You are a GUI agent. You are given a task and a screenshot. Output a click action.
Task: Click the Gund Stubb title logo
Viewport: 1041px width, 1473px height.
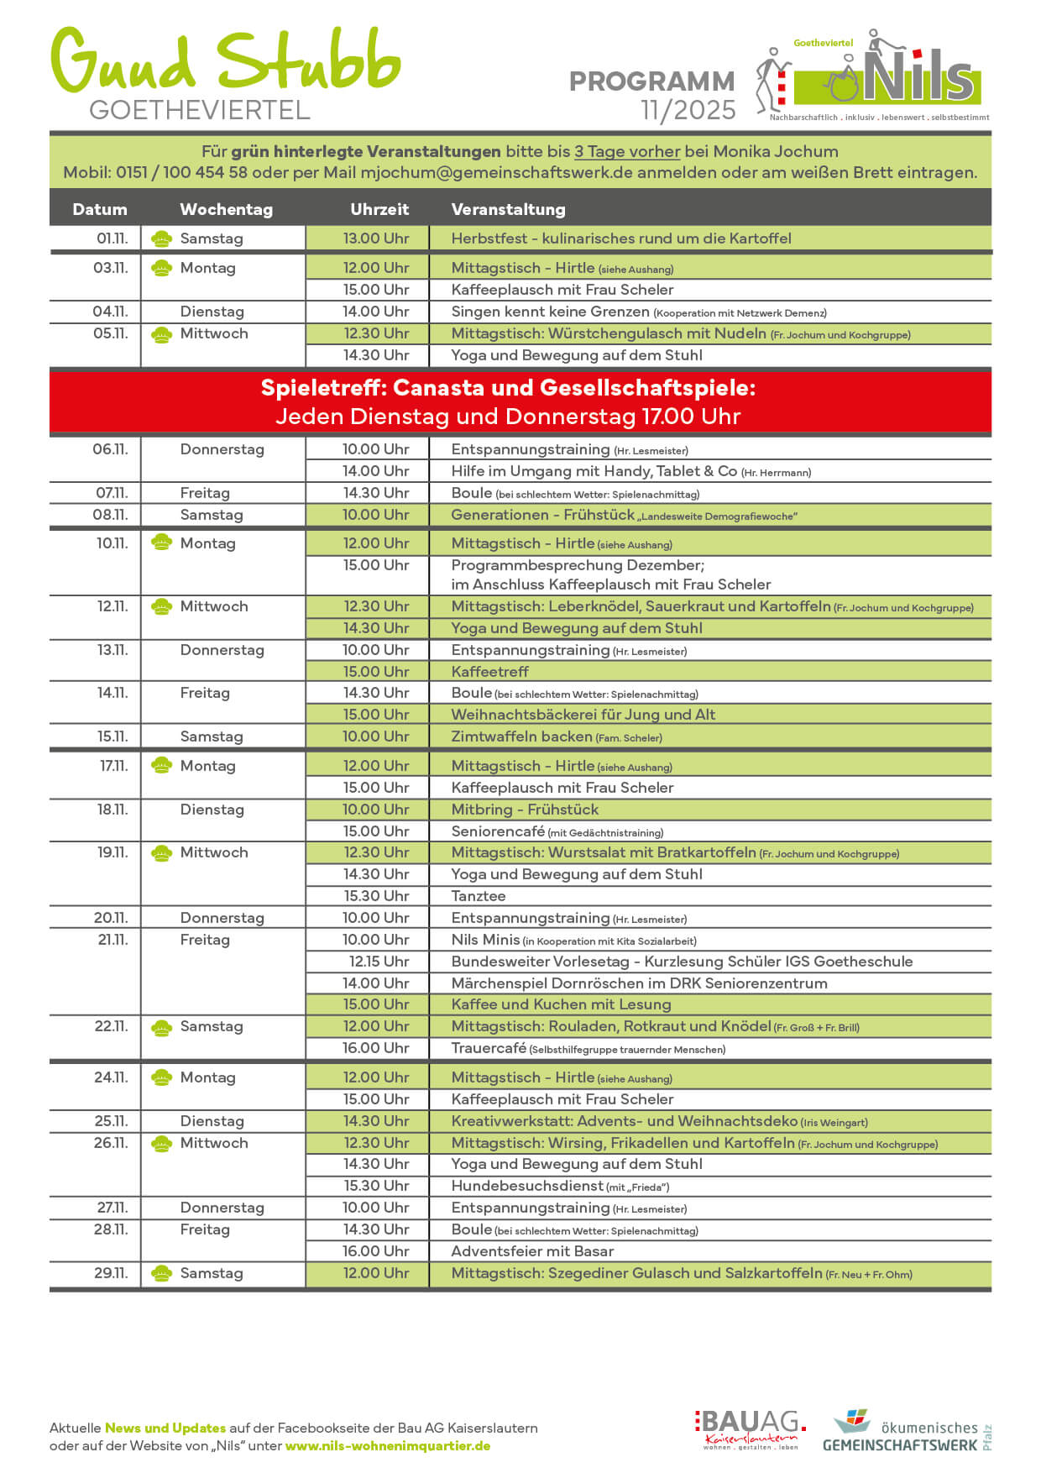point(225,63)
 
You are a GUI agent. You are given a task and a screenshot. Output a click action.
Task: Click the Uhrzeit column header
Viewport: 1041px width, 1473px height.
point(379,209)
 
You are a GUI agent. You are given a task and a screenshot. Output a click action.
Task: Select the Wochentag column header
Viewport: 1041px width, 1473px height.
point(226,209)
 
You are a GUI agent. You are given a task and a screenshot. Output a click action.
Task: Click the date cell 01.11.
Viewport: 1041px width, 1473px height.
point(112,239)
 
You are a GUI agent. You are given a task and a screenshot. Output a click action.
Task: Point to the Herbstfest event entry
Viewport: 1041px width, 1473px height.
point(620,239)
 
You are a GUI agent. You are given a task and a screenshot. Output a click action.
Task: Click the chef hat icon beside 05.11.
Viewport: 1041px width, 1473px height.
point(161,334)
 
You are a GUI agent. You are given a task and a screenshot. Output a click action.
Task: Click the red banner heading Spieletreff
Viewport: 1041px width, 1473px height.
point(508,388)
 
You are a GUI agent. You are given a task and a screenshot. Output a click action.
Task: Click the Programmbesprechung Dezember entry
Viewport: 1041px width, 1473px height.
point(578,565)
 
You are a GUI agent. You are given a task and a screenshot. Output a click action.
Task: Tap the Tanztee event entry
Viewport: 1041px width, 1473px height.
point(479,896)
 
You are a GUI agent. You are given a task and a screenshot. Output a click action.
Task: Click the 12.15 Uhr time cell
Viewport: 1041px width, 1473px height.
point(379,962)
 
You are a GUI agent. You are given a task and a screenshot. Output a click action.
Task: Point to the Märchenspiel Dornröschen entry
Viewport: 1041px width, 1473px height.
point(639,983)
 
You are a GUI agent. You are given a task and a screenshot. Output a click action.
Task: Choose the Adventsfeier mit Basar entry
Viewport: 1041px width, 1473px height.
point(532,1251)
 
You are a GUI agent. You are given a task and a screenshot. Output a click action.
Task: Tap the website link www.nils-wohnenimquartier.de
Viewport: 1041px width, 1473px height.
point(388,1446)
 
